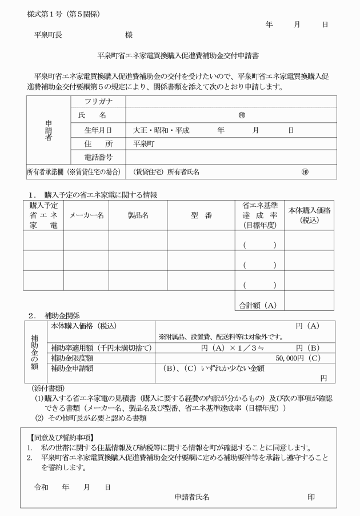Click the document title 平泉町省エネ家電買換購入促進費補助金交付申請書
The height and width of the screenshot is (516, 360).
[x=178, y=56]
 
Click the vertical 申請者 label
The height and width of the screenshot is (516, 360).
[x=48, y=130]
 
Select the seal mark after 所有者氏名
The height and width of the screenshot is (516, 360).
[x=305, y=172]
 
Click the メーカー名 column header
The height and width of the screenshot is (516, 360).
[x=86, y=215]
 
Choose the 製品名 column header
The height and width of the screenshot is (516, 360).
[x=138, y=215]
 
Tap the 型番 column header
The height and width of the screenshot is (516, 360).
[x=201, y=215]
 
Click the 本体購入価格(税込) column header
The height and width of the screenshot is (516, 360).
[x=309, y=215]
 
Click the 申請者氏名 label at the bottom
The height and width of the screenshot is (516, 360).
[x=191, y=497]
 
